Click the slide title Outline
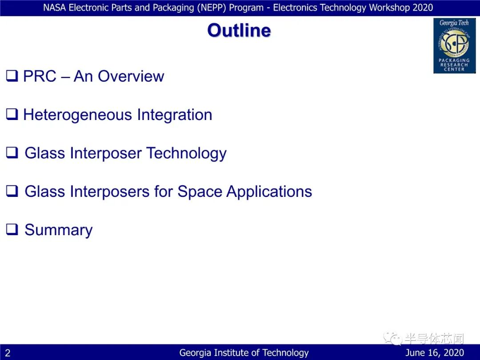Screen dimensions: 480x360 (x=239, y=30)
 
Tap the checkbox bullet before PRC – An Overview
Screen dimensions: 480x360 (x=12, y=75)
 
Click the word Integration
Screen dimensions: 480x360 (x=175, y=115)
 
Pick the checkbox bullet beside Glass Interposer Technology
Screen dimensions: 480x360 (x=12, y=152)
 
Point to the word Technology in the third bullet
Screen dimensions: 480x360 (x=186, y=153)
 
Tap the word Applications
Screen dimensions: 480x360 (x=269, y=192)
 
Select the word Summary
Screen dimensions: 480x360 (x=59, y=230)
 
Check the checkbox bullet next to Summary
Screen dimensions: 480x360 (x=12, y=229)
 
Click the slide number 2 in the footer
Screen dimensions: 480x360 (x=8, y=353)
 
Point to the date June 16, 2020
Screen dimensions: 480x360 (x=434, y=352)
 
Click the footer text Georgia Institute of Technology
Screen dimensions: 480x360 (x=244, y=352)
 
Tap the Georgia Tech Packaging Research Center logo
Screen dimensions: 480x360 (x=454, y=46)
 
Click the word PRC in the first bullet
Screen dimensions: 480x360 (x=40, y=76)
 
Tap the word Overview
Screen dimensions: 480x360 (x=131, y=76)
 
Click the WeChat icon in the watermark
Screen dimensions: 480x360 (x=392, y=338)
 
